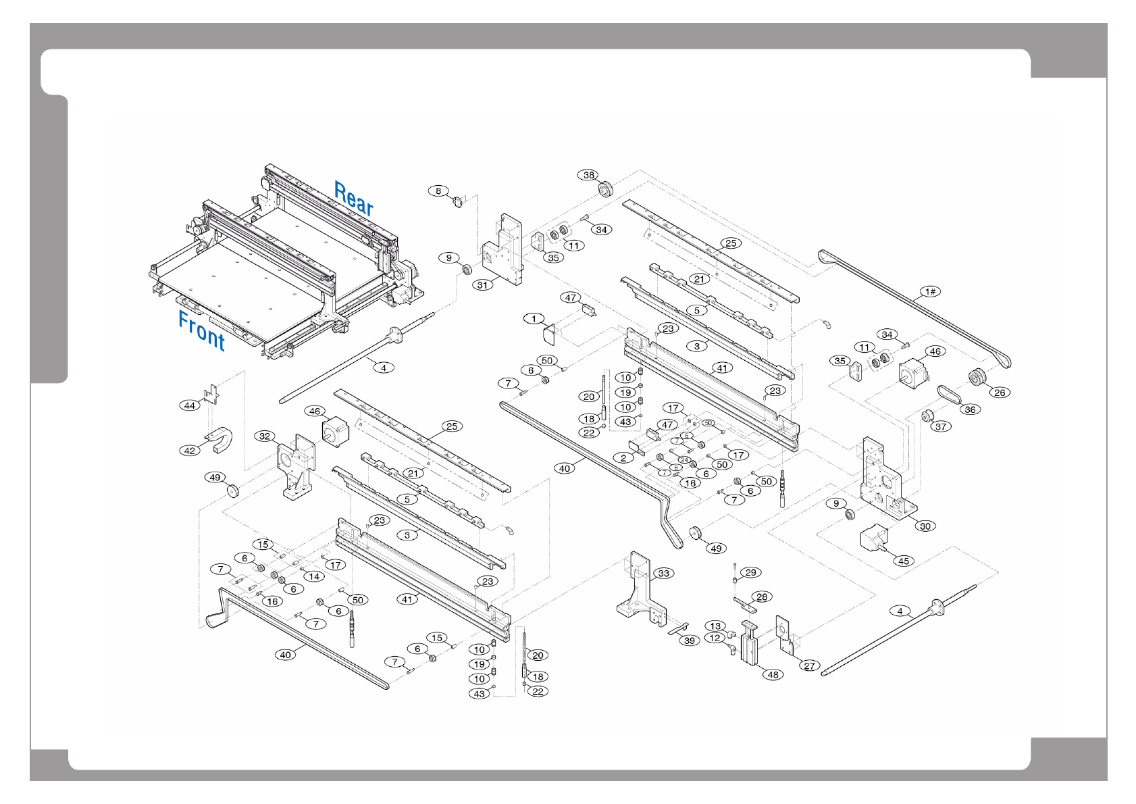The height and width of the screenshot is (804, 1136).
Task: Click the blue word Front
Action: (201, 330)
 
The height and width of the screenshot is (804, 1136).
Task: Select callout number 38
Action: (589, 175)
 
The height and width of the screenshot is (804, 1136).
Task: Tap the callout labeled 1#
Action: (930, 291)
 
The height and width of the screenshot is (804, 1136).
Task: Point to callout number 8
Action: (438, 191)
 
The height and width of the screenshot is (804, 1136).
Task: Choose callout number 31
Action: (482, 285)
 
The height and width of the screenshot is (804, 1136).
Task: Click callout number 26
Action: (1000, 393)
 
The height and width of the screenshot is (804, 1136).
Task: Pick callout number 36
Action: (970, 409)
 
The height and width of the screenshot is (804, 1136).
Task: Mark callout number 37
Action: (941, 426)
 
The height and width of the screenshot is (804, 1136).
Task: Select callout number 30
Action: (925, 526)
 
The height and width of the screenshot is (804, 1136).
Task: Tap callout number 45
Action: (904, 561)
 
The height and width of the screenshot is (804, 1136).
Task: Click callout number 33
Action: (664, 574)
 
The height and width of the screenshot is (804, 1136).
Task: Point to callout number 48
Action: (773, 674)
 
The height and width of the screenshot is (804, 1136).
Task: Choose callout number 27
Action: (809, 665)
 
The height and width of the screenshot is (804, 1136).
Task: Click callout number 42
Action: (190, 451)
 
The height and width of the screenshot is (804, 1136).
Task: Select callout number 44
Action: (190, 405)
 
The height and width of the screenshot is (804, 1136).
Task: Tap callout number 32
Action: (265, 436)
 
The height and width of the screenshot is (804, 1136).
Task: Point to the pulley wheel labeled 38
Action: (604, 188)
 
